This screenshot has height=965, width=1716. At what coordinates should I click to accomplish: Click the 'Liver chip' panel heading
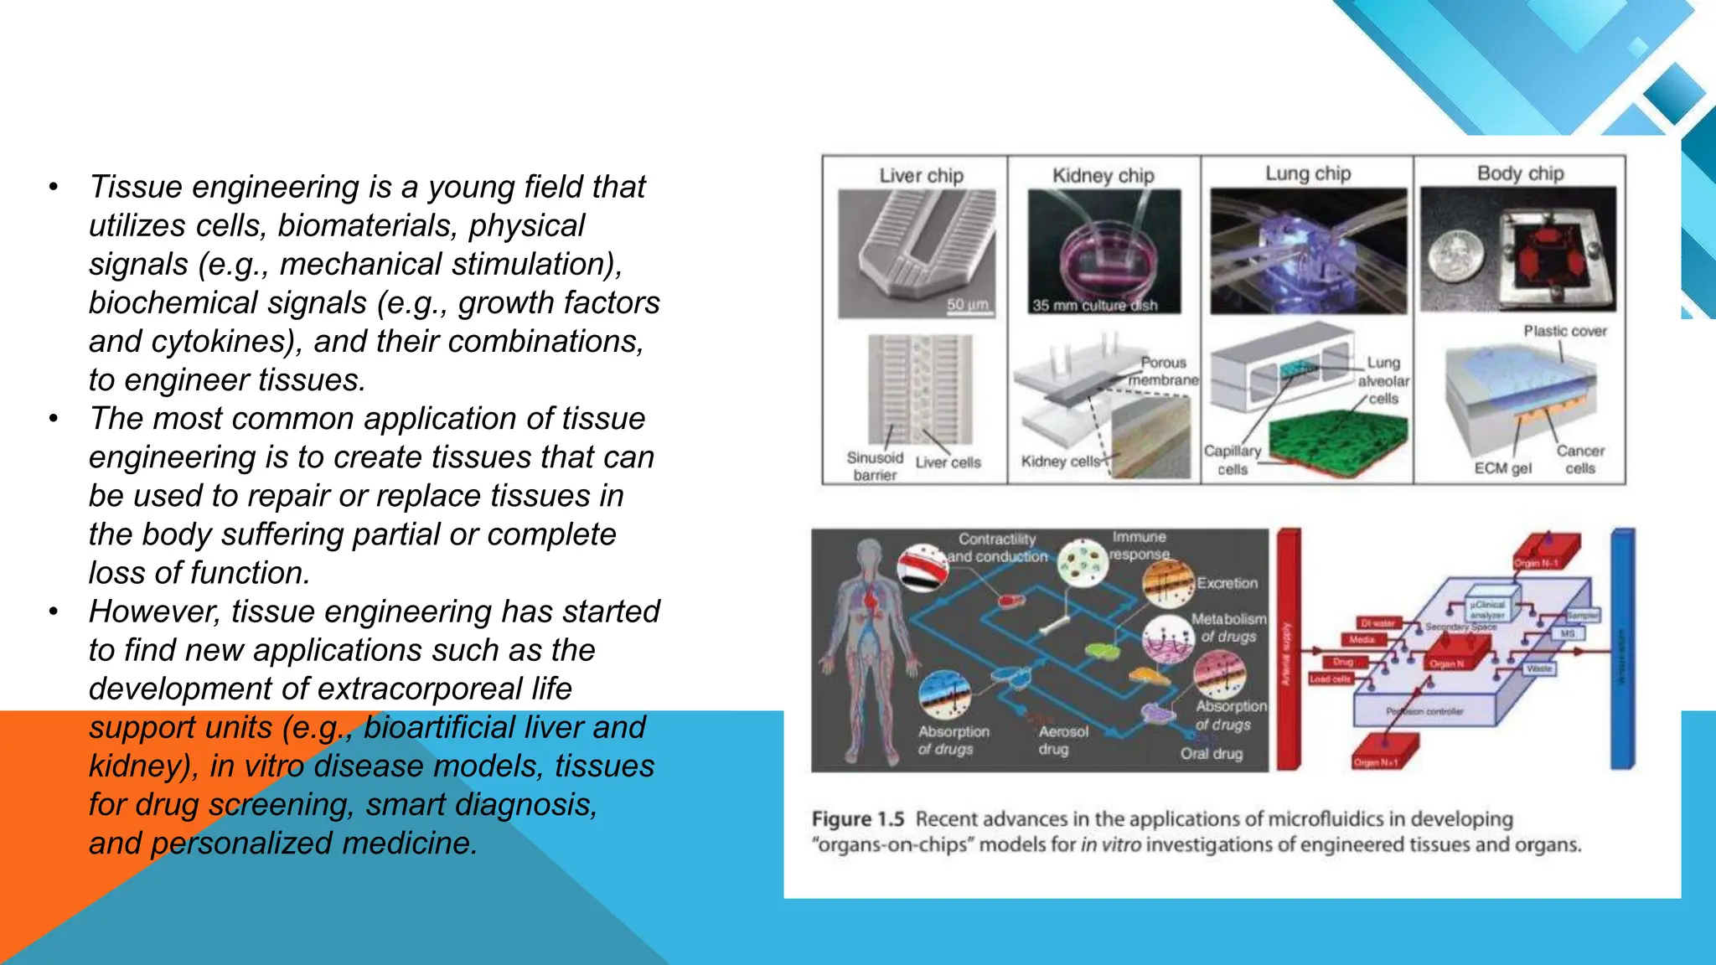(921, 176)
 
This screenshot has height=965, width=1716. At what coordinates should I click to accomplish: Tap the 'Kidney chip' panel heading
(1103, 176)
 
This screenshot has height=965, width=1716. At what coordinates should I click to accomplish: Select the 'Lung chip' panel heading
(1307, 173)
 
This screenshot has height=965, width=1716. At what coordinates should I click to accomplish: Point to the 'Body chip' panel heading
(1520, 173)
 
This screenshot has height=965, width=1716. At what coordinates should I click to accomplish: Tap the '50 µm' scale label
(967, 304)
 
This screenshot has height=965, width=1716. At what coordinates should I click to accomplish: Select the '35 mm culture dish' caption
(1094, 306)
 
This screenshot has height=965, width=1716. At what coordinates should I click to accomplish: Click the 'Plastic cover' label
(1564, 331)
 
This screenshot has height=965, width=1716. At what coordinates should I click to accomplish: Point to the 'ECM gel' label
(1502, 468)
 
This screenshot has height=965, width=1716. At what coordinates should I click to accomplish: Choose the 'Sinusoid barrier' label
(875, 466)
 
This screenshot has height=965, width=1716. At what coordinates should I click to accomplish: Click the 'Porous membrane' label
(1163, 371)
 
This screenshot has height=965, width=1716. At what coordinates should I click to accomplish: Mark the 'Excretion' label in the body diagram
(1227, 583)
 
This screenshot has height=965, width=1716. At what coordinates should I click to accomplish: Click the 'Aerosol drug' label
(1062, 740)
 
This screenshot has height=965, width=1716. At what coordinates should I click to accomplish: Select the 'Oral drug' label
(1211, 753)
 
